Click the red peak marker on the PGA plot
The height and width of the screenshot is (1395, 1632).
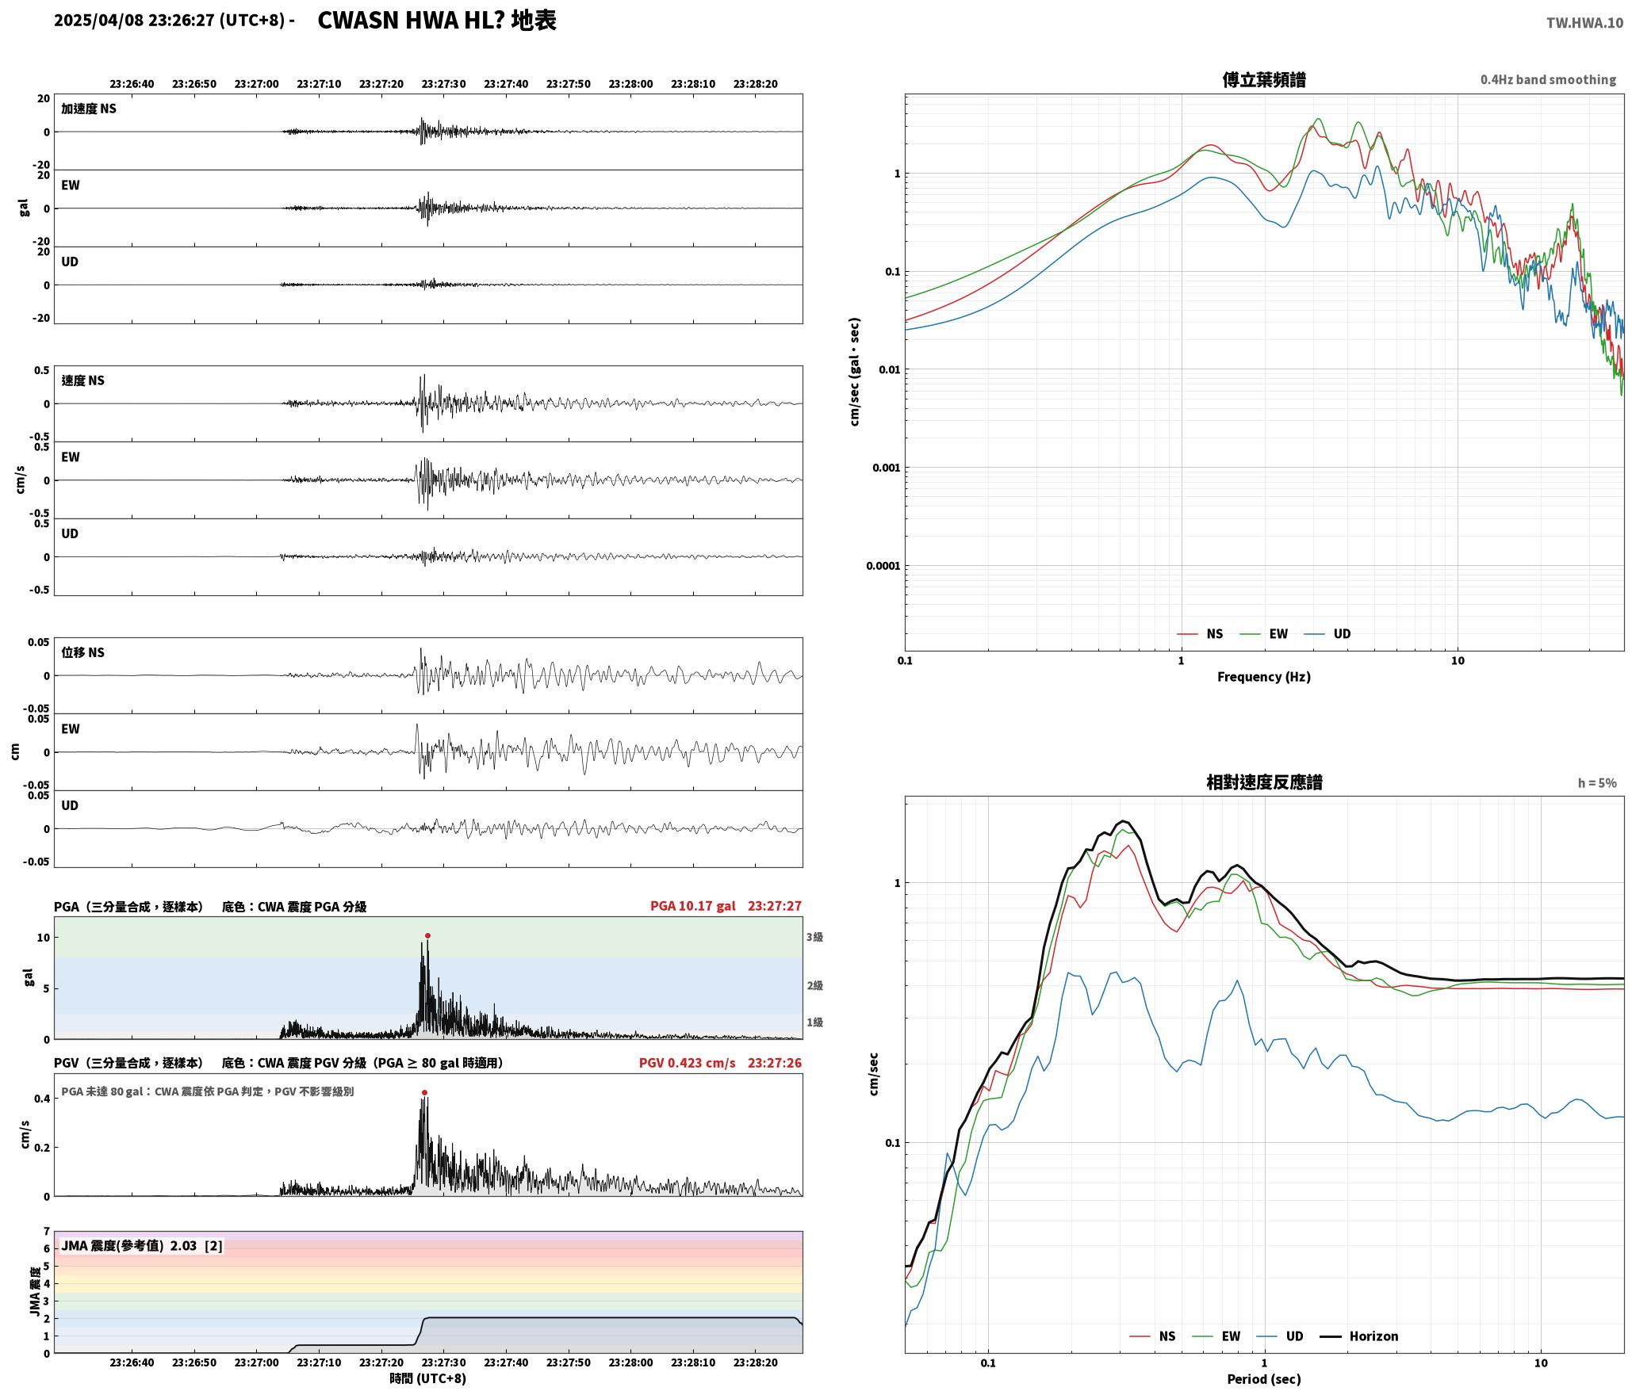(x=427, y=935)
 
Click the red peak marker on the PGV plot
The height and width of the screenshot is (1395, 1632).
(x=424, y=1092)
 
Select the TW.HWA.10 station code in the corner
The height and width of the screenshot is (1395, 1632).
(x=1584, y=22)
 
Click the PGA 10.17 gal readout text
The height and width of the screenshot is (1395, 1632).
(x=692, y=905)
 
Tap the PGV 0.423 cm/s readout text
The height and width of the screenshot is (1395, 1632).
(x=687, y=1062)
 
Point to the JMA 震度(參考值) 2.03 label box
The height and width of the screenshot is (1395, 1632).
(x=142, y=1245)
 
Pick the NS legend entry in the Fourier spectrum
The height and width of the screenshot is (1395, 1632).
(x=1200, y=633)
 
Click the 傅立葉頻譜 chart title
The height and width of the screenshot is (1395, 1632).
(x=1264, y=79)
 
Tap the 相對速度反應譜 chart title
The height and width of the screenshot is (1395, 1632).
(x=1264, y=782)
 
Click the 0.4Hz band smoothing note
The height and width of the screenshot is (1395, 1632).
(x=1548, y=79)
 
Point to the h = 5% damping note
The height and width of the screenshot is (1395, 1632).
(x=1596, y=782)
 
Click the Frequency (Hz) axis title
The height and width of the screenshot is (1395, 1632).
(x=1264, y=676)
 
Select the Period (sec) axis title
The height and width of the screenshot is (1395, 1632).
(x=1264, y=1378)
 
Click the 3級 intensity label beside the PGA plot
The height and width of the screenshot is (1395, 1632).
(x=814, y=937)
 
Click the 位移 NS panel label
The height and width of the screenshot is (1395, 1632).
(x=82, y=652)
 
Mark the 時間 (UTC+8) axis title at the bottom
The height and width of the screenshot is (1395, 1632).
(x=427, y=1378)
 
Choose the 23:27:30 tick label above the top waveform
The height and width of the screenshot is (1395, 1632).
(x=443, y=83)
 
